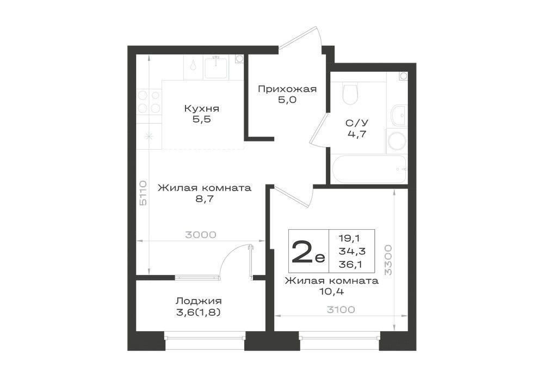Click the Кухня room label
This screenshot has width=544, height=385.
click(202, 109)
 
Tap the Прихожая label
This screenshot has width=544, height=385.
click(287, 89)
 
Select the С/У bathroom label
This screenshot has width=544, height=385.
click(357, 123)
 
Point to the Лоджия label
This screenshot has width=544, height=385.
click(199, 301)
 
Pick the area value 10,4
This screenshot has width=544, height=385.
click(332, 291)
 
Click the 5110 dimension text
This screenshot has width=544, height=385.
click(143, 193)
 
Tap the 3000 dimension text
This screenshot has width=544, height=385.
click(201, 235)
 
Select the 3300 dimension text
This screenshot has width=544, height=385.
click(388, 260)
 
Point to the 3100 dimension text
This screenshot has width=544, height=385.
click(341, 310)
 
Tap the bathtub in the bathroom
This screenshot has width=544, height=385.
click(369, 169)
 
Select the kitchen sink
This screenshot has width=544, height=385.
click(216, 68)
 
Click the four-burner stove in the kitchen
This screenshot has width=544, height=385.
click(149, 102)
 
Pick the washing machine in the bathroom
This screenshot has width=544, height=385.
click(397, 141)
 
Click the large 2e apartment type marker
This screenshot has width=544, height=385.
click(308, 252)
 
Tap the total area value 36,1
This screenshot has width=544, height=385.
click(350, 265)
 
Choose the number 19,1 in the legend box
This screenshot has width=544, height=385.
click(350, 238)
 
